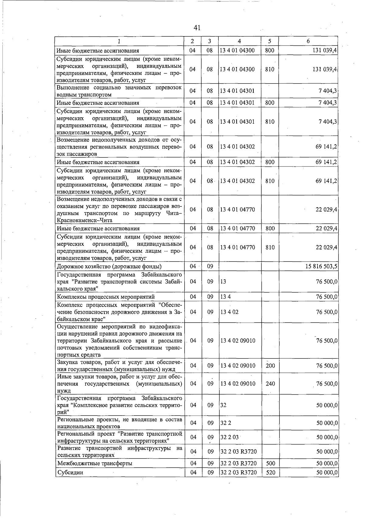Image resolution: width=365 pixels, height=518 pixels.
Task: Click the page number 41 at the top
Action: tap(197, 28)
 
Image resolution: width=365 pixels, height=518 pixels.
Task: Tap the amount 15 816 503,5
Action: tap(321, 266)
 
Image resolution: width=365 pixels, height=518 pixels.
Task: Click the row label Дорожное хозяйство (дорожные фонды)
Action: tap(109, 266)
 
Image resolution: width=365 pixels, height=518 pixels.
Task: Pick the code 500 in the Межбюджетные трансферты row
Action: tap(270, 463)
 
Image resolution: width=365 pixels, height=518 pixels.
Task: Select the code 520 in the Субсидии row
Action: tap(270, 472)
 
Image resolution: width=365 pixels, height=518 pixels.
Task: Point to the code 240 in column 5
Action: tap(270, 384)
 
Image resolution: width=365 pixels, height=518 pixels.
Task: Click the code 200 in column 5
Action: tap(270, 366)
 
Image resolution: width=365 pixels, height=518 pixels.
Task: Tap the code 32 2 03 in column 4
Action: tap(230, 437)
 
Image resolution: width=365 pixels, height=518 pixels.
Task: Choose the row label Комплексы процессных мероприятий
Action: tap(106, 297)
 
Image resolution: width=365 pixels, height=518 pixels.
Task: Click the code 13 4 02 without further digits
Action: tap(230, 312)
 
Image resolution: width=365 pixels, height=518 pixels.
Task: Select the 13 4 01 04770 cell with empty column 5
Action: tap(238, 210)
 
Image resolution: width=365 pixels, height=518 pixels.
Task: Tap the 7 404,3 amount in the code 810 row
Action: tap(328, 122)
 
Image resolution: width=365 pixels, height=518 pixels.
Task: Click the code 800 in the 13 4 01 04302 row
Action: tap(270, 162)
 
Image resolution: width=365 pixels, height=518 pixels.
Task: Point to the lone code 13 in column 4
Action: tap(223, 282)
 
